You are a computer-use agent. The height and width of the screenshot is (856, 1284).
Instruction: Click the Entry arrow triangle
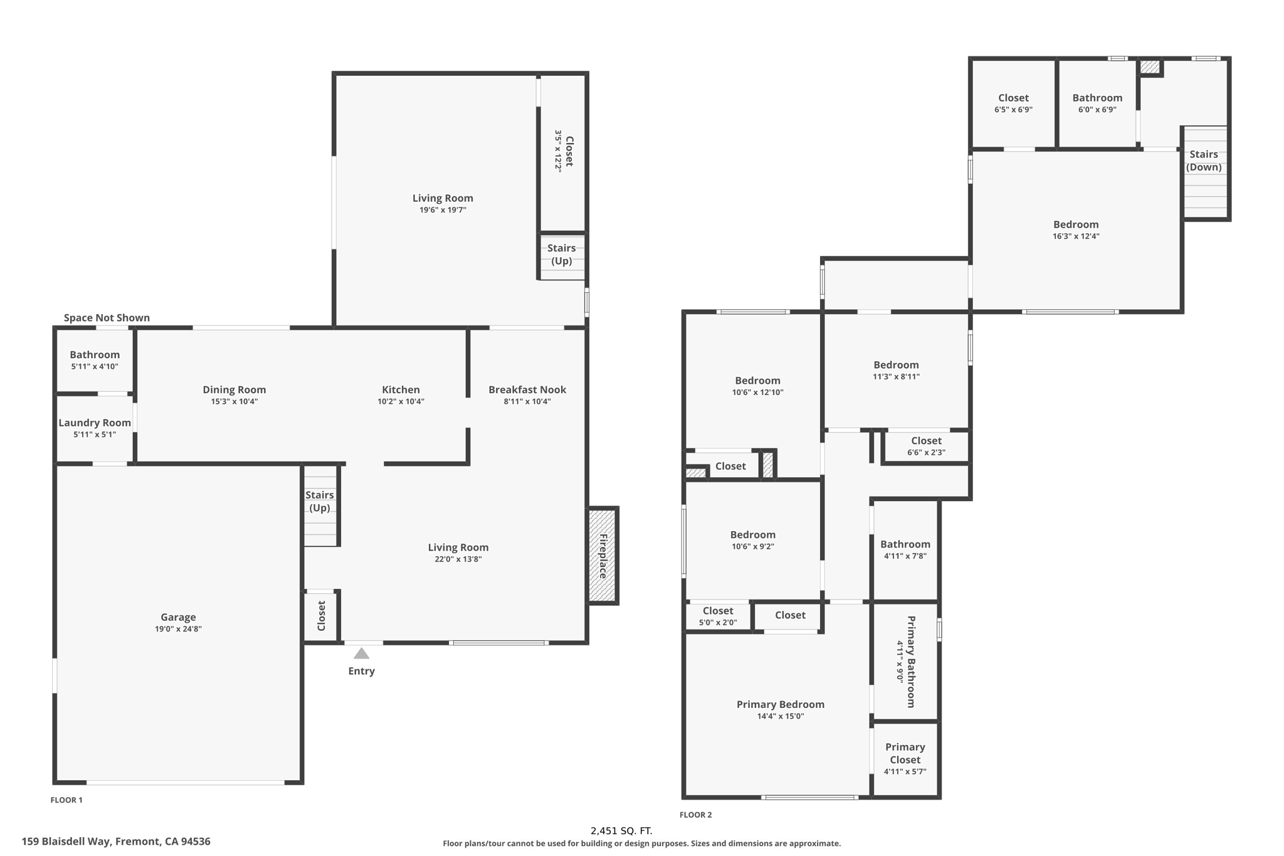pos(361,653)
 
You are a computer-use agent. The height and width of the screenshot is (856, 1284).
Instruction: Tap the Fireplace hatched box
pos(603,556)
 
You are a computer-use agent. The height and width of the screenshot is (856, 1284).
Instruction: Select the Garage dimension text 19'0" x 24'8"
pos(178,629)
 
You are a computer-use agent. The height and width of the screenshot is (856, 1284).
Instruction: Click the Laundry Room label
pos(95,423)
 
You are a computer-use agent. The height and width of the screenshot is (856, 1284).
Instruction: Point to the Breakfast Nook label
pos(527,389)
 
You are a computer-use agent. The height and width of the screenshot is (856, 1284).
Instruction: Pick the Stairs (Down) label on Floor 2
pos(1203,161)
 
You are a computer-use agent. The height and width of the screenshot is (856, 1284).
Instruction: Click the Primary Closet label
pos(905,753)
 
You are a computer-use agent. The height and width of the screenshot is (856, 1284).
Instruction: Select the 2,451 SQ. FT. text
pos(621,831)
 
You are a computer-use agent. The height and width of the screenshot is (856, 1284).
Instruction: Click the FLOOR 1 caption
pos(66,800)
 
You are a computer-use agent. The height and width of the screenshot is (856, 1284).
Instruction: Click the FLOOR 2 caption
pos(695,815)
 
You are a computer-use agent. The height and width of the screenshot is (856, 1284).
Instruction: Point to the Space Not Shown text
pos(107,318)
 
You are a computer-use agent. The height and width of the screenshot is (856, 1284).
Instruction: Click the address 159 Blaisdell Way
pos(116,842)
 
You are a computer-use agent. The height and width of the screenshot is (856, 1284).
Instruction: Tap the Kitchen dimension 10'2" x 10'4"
pos(401,401)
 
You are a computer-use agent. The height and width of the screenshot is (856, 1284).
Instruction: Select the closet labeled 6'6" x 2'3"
pos(926,446)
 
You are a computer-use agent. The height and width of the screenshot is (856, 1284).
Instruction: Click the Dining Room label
pos(234,389)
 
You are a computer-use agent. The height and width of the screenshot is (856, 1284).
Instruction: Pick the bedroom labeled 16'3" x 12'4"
pos(1076,230)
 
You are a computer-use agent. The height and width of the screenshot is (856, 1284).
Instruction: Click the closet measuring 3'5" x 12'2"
pos(563,151)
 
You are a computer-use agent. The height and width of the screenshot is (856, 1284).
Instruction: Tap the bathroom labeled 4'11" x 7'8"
pos(905,549)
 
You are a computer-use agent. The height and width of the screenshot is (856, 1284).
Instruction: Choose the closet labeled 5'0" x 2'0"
pos(718,616)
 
